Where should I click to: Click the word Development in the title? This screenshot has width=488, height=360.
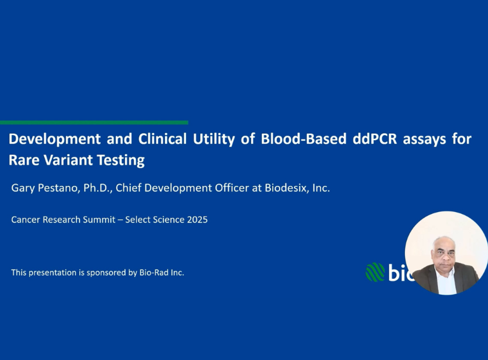tap(54, 139)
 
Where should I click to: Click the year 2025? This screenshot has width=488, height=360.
tap(197, 220)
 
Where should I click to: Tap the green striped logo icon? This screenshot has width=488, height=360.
tap(375, 272)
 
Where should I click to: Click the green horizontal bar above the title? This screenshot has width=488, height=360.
tap(94, 122)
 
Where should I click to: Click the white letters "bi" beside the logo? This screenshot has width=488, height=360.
tap(396, 272)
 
